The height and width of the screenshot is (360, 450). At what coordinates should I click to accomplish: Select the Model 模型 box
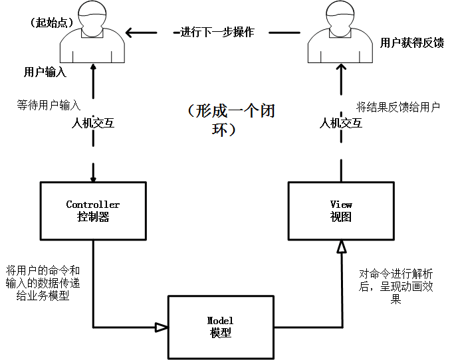click(x=220, y=327)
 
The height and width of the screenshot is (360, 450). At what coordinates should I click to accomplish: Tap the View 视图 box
click(x=341, y=211)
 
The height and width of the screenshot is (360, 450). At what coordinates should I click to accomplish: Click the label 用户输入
click(x=45, y=72)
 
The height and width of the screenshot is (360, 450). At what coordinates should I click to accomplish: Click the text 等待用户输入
click(x=49, y=106)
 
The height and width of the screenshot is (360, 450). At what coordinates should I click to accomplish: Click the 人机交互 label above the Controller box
click(x=93, y=123)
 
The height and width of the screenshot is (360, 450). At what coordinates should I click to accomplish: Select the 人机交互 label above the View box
click(x=341, y=123)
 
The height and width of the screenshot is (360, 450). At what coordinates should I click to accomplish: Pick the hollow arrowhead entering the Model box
click(x=161, y=327)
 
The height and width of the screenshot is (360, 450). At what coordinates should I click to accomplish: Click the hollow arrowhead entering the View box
click(x=341, y=246)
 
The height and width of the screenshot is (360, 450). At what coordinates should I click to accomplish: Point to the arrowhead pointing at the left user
click(x=132, y=31)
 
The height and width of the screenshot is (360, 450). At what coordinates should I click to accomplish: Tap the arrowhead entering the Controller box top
click(x=93, y=179)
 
